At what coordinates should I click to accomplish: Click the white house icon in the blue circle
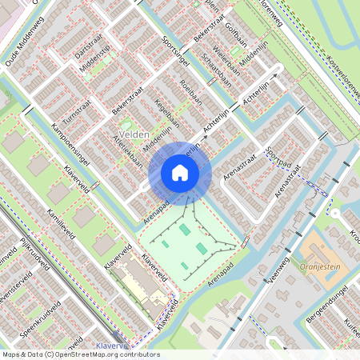[x=180, y=173]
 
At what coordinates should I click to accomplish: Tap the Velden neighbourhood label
[x=133, y=134]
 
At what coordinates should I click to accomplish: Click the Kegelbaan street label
[x=165, y=114]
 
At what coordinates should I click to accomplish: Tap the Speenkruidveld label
[x=40, y=314]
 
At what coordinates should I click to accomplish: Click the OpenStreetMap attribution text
[x=80, y=354]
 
